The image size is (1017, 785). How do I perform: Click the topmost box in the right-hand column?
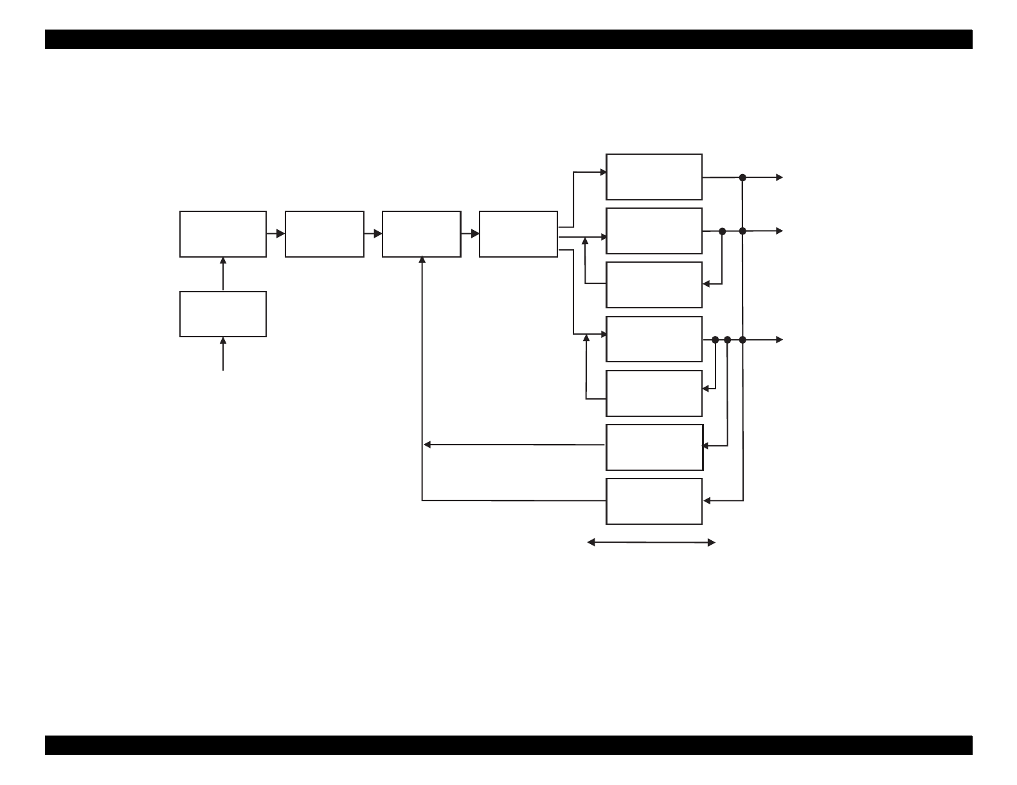(654, 177)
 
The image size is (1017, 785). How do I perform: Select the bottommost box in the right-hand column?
(654, 501)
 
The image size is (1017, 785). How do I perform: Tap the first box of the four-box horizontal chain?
(222, 234)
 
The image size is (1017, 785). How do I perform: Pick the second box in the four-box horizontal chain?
(324, 234)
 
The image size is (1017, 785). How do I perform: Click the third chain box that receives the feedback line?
(421, 234)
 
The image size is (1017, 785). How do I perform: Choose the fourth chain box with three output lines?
(518, 234)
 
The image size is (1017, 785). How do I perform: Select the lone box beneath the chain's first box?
(222, 314)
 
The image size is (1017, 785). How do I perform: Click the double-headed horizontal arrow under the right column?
(651, 543)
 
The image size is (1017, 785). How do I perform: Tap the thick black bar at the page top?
(508, 39)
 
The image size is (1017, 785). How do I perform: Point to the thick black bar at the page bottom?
(508, 745)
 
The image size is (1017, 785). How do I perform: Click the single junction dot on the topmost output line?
(742, 177)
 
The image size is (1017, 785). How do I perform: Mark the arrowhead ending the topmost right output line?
(780, 177)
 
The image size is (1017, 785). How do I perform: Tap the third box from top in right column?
(654, 285)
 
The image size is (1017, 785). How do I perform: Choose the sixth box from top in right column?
(654, 447)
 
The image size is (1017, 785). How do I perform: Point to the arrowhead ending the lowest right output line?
(780, 339)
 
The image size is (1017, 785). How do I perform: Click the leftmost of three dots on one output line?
(715, 339)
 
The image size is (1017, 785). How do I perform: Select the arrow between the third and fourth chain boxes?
(471, 234)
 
